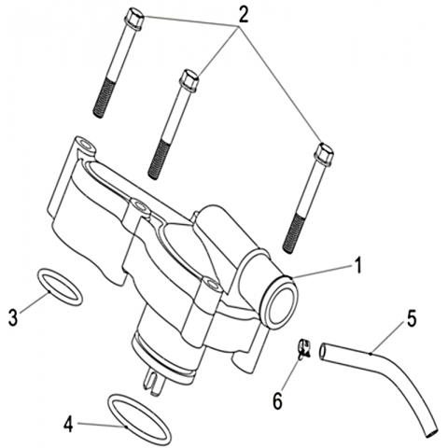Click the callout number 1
point(358,266)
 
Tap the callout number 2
point(243,15)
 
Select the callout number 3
point(13,317)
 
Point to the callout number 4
point(68,425)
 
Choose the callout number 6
point(277,400)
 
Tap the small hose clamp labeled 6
point(304,349)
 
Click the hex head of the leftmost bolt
point(133,19)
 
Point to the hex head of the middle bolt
point(189,80)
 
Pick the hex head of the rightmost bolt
point(324,154)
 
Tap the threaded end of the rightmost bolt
point(293,231)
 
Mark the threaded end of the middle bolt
point(158,161)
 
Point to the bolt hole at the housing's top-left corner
point(86,146)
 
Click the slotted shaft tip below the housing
point(153,382)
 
